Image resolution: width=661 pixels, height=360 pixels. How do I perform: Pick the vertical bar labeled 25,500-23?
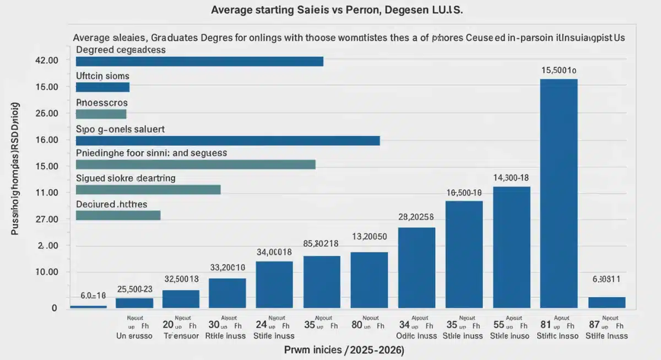click(134, 302)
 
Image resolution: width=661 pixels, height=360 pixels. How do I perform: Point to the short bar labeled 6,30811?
click(606, 302)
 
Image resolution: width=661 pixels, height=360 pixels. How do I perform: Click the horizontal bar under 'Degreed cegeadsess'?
click(199, 61)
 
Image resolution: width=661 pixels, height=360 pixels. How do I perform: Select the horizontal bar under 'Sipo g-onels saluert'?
click(227, 140)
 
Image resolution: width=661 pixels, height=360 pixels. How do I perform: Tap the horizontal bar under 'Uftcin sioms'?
click(102, 87)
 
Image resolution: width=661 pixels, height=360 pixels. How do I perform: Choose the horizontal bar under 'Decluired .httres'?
click(118, 215)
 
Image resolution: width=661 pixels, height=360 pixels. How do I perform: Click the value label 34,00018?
click(274, 252)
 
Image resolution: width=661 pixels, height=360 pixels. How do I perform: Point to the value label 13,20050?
click(369, 237)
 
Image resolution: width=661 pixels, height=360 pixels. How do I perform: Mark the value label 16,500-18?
click(464, 193)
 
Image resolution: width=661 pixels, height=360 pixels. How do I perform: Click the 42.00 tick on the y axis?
click(46, 61)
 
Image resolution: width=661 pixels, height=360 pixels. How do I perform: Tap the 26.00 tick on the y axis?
click(46, 113)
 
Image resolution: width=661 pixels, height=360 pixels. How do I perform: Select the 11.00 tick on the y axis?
click(46, 193)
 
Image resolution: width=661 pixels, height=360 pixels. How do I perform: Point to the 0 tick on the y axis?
click(54, 308)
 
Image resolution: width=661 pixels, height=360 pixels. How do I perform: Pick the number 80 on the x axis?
click(356, 325)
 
